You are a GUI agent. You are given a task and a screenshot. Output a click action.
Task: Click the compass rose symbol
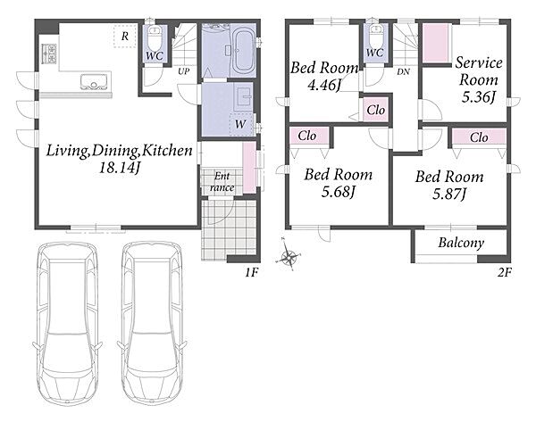click(288, 255)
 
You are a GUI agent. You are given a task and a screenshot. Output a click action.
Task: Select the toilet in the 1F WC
click(155, 38)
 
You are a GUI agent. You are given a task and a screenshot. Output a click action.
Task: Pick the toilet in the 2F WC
click(375, 37)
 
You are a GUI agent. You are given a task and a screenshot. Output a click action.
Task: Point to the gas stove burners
click(49, 54)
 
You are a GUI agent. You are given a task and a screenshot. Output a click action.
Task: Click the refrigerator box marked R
click(125, 36)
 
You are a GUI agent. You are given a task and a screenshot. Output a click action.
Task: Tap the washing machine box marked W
click(241, 124)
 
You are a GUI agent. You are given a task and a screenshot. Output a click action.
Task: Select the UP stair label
click(183, 71)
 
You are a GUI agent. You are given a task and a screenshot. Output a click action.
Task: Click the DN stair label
click(404, 72)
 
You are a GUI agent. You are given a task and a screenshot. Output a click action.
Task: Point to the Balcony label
click(461, 243)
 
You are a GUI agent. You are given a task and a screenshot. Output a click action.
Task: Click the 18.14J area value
click(120, 168)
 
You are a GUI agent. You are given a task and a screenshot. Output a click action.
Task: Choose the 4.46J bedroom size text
click(324, 85)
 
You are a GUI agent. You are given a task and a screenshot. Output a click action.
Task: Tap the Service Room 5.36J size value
click(479, 97)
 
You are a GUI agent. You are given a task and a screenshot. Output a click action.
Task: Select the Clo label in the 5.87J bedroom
click(479, 137)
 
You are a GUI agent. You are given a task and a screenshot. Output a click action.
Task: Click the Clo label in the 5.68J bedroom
click(307, 136)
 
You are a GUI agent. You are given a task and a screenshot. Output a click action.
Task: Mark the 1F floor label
click(251, 273)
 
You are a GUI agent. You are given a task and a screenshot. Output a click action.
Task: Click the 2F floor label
click(504, 273)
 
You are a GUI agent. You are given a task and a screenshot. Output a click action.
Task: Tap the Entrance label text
click(222, 182)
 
